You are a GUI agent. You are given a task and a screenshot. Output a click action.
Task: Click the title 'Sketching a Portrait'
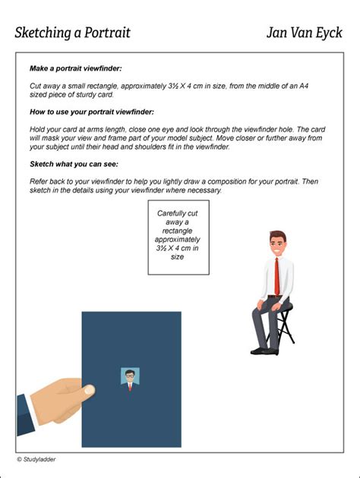tap(72, 33)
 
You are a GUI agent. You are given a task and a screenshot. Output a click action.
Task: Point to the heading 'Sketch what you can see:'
tap(74, 164)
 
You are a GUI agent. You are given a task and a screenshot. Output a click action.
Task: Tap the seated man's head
tap(276, 244)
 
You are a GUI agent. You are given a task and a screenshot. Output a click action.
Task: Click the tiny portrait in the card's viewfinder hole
tap(130, 377)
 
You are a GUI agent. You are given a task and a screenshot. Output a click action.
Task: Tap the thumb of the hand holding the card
tap(80, 388)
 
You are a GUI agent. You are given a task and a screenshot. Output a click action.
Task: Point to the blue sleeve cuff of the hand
tap(24, 414)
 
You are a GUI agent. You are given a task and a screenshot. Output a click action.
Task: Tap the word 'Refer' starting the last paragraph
tap(39, 182)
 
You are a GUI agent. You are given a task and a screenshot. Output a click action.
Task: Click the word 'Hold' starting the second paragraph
tap(39, 130)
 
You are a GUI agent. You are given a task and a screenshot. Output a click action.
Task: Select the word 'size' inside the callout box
tap(177, 257)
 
